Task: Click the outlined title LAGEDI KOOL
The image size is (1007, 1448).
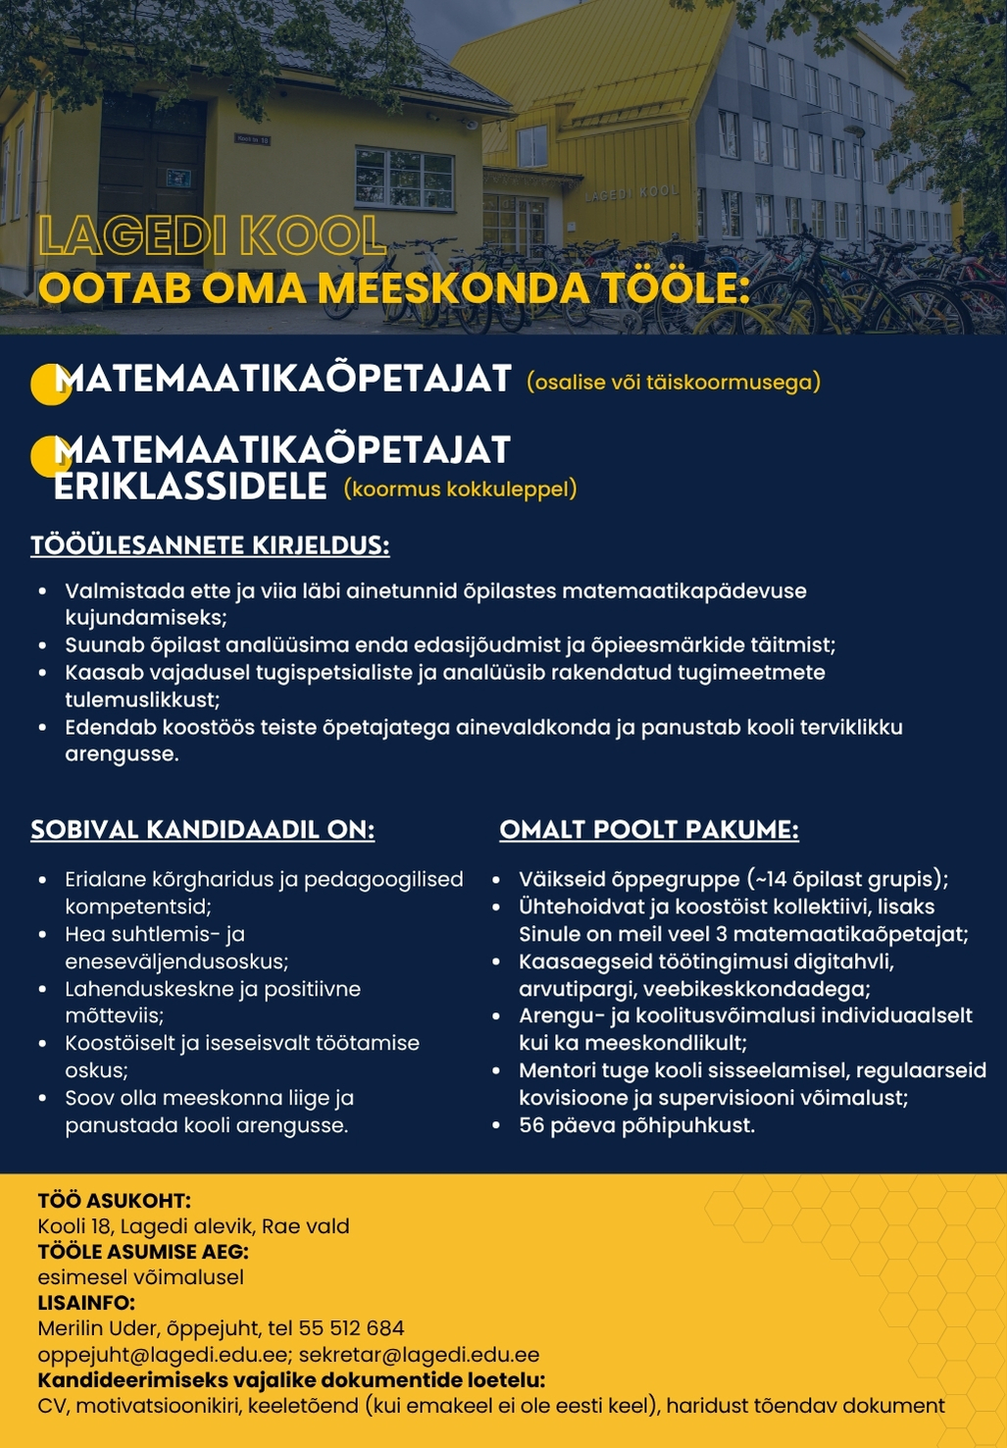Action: (x=212, y=236)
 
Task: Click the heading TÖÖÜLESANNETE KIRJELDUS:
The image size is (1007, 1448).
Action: (x=210, y=545)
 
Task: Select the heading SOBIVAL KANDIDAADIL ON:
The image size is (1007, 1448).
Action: (x=203, y=830)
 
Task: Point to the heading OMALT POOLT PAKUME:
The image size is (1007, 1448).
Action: (x=649, y=830)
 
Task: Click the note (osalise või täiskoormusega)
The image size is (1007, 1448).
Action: (x=674, y=383)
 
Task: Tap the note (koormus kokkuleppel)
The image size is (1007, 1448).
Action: (x=460, y=489)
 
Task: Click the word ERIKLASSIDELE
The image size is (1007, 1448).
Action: (x=190, y=487)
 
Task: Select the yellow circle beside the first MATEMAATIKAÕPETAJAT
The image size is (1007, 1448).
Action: (x=49, y=384)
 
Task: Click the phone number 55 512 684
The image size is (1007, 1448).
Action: (x=352, y=1328)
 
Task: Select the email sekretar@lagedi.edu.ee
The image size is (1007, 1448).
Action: (x=419, y=1355)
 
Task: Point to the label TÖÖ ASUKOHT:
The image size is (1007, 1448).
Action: (x=114, y=1200)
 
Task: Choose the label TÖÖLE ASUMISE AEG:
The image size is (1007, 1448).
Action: (x=143, y=1252)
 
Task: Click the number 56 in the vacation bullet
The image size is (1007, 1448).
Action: (x=531, y=1125)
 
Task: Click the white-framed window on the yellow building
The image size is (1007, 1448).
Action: (x=404, y=179)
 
